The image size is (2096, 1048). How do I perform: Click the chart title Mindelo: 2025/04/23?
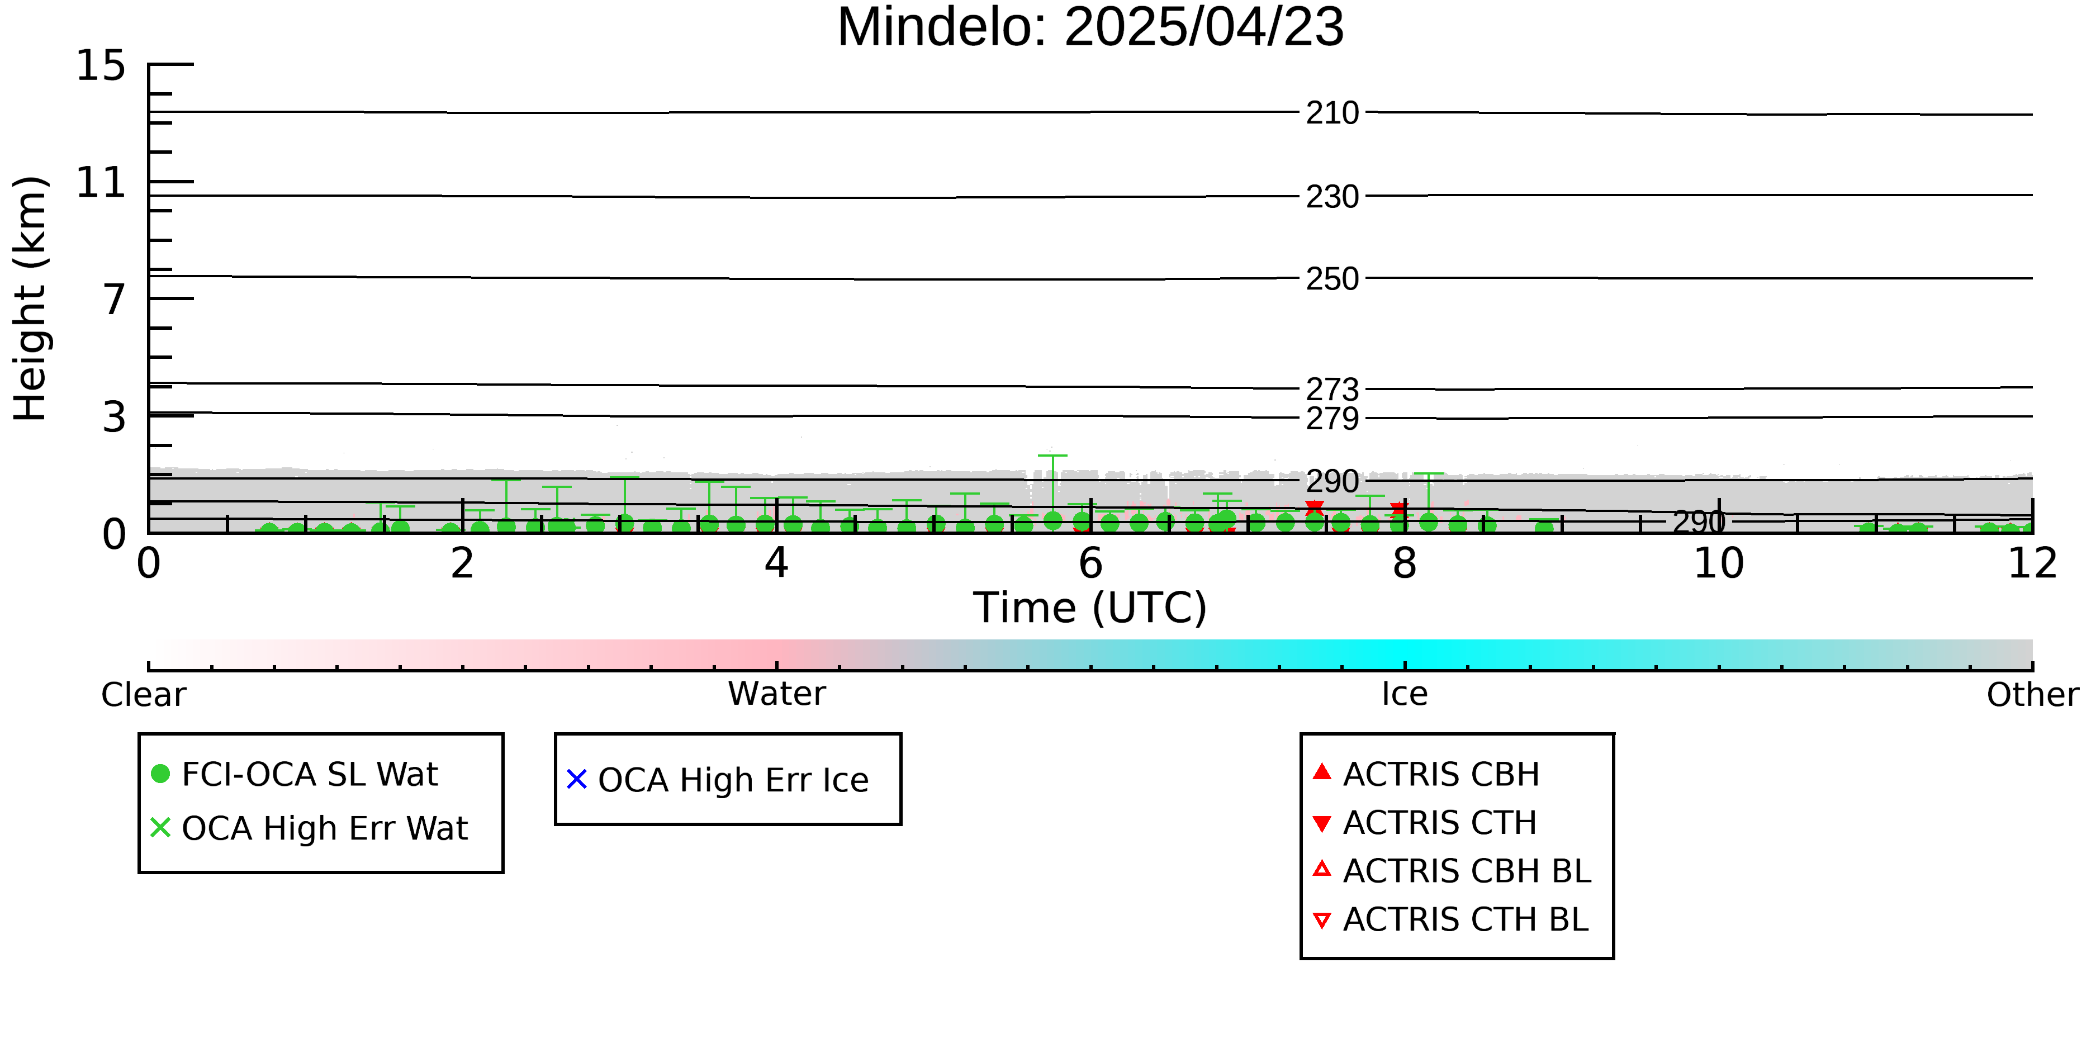[x=1090, y=27]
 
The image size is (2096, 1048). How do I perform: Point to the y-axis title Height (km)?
[x=31, y=298]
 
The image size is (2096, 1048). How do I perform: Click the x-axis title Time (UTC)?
[x=1090, y=608]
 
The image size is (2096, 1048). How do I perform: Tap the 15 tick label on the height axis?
[x=101, y=65]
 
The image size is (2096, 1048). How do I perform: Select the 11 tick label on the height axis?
[x=101, y=182]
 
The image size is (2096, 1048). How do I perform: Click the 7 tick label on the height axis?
[x=114, y=300]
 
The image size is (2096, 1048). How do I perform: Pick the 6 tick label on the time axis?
[x=1090, y=563]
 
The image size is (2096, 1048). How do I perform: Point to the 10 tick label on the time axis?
[x=1719, y=563]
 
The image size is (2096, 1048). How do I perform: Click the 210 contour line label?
[x=1332, y=113]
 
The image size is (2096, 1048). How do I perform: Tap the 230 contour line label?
[x=1332, y=197]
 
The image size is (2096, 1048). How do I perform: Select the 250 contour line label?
[x=1332, y=279]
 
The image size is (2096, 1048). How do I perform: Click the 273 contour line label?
[x=1332, y=389]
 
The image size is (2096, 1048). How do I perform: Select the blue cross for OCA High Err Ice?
[x=577, y=780]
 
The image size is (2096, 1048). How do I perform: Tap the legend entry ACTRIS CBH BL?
[x=1453, y=871]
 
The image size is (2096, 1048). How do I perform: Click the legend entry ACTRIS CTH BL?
[x=1451, y=919]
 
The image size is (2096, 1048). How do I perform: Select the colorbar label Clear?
[x=144, y=695]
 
